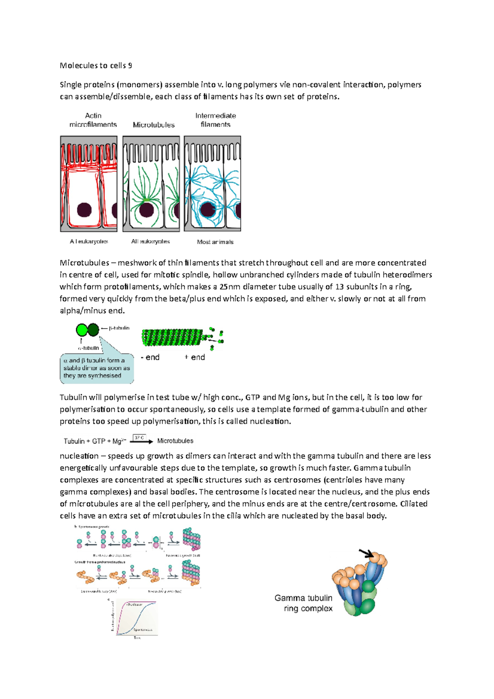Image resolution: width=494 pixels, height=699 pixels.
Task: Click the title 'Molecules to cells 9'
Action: [96, 65]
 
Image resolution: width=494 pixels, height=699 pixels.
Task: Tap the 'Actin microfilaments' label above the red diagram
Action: [93, 120]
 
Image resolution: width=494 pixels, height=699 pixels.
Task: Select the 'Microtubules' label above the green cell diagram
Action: [154, 125]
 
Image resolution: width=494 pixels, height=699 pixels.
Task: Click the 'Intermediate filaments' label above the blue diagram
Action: [215, 120]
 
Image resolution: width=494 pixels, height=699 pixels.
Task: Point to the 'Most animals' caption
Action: [215, 242]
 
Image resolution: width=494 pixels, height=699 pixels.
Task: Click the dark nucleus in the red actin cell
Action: [84, 210]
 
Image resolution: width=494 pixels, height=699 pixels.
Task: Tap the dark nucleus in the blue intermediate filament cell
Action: [209, 210]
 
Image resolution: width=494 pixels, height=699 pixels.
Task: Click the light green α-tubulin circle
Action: [82, 330]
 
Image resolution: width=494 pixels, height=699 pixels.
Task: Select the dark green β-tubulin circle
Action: [93, 330]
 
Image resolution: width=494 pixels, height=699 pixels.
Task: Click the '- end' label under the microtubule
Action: [150, 357]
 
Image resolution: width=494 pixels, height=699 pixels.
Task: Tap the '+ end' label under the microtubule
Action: [195, 357]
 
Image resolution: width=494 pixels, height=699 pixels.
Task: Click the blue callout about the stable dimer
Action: [97, 368]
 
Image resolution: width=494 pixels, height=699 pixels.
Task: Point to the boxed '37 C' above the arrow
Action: [139, 438]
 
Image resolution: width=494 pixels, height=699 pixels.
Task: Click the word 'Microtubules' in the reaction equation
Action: [175, 441]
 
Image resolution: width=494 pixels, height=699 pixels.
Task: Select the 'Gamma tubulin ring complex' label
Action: [303, 603]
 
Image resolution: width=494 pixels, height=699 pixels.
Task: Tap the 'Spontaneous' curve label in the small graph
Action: [143, 630]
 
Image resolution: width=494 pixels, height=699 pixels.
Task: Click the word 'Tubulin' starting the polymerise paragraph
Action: [73, 397]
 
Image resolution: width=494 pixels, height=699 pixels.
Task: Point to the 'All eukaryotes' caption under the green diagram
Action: [150, 242]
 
